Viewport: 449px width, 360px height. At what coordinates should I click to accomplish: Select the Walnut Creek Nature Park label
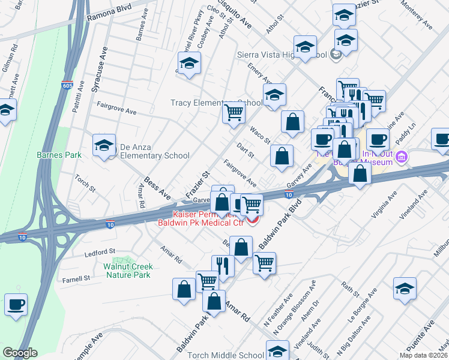pos(128,271)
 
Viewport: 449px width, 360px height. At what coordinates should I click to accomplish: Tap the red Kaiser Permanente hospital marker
pos(253,222)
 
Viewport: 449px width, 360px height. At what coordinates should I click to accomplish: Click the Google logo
pos(20,353)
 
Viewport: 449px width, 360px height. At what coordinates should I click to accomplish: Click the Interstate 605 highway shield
pos(67,86)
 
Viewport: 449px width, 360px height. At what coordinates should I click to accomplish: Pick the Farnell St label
pos(75,278)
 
